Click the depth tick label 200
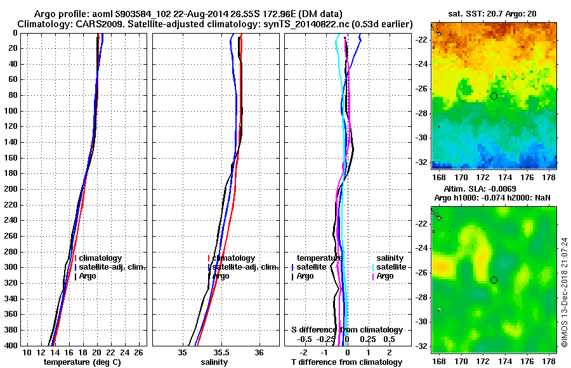tap(11, 189)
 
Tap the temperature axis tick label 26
tap(141, 353)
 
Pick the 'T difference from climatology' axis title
tap(346, 362)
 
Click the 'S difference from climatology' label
tap(346, 330)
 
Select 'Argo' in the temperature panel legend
tap(89, 276)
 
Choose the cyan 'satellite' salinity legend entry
tap(391, 267)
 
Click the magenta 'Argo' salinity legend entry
tap(384, 276)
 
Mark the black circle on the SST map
tap(494, 96)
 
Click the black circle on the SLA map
tap(494, 280)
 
